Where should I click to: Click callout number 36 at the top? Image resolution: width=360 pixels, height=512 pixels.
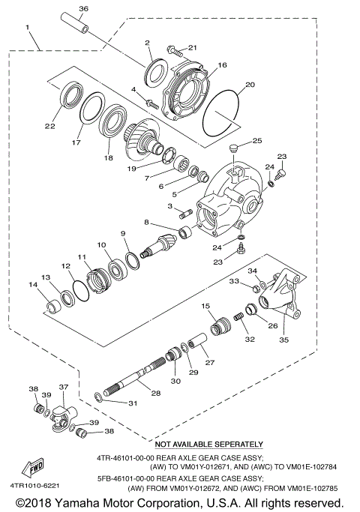coord(82,8)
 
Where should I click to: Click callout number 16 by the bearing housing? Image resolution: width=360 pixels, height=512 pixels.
coord(222,66)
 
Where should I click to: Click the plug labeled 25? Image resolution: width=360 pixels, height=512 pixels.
coord(233,147)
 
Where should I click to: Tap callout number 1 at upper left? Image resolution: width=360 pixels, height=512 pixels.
coord(28,28)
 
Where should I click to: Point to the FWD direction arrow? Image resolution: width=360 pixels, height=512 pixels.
coord(35,468)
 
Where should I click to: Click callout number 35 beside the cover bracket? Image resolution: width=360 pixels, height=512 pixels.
coord(283,340)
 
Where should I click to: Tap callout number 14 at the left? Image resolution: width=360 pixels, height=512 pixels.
coord(32,285)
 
